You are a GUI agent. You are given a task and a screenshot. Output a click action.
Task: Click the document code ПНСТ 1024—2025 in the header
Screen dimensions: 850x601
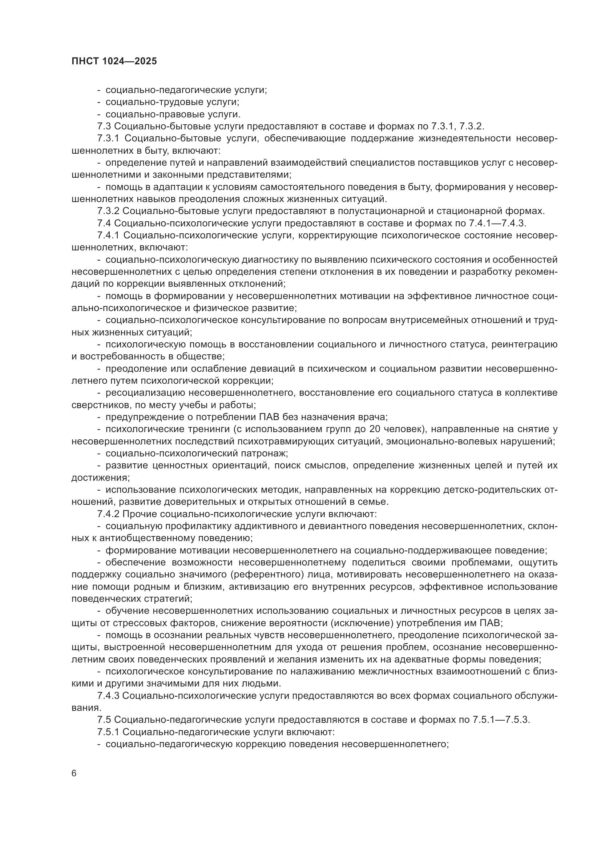(114, 61)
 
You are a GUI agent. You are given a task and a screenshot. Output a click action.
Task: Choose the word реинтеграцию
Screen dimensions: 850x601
(524, 345)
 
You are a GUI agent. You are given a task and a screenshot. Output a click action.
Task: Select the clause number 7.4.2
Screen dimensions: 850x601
(108, 514)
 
